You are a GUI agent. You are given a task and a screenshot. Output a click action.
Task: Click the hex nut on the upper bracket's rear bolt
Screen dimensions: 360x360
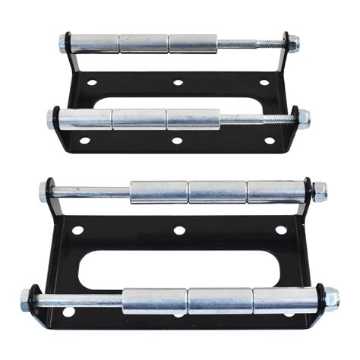[x=292, y=44]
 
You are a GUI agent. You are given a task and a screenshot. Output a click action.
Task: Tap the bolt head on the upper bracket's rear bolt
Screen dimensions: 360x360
[x=62, y=43]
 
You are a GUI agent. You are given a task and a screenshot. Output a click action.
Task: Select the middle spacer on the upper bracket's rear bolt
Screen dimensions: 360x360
[x=144, y=43]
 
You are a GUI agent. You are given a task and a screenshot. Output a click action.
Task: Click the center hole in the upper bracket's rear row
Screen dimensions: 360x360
[x=177, y=82]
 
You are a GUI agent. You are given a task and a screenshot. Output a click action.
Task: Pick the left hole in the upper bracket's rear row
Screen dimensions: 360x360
[x=92, y=82]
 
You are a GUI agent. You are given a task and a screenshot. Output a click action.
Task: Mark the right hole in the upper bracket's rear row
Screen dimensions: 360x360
[x=264, y=82]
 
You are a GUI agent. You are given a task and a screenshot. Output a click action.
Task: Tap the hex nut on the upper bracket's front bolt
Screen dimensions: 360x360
[x=302, y=118]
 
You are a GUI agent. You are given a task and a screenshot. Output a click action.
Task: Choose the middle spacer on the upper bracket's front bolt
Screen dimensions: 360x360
[x=139, y=118]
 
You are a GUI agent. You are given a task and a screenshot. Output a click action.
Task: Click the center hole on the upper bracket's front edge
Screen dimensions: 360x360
[x=176, y=141]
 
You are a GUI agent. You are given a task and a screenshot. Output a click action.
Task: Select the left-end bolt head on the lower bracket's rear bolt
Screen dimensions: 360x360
[x=45, y=192]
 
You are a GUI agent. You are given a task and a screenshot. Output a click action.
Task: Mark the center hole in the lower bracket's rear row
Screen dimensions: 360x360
[x=179, y=230]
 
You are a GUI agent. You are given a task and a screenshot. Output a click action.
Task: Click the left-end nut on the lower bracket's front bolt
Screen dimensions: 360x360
[x=26, y=298]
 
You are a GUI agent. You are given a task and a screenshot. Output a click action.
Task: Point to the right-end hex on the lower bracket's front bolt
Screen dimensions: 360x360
[x=332, y=298]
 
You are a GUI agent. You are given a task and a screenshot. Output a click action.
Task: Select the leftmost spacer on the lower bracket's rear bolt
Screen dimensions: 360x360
[x=158, y=192]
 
